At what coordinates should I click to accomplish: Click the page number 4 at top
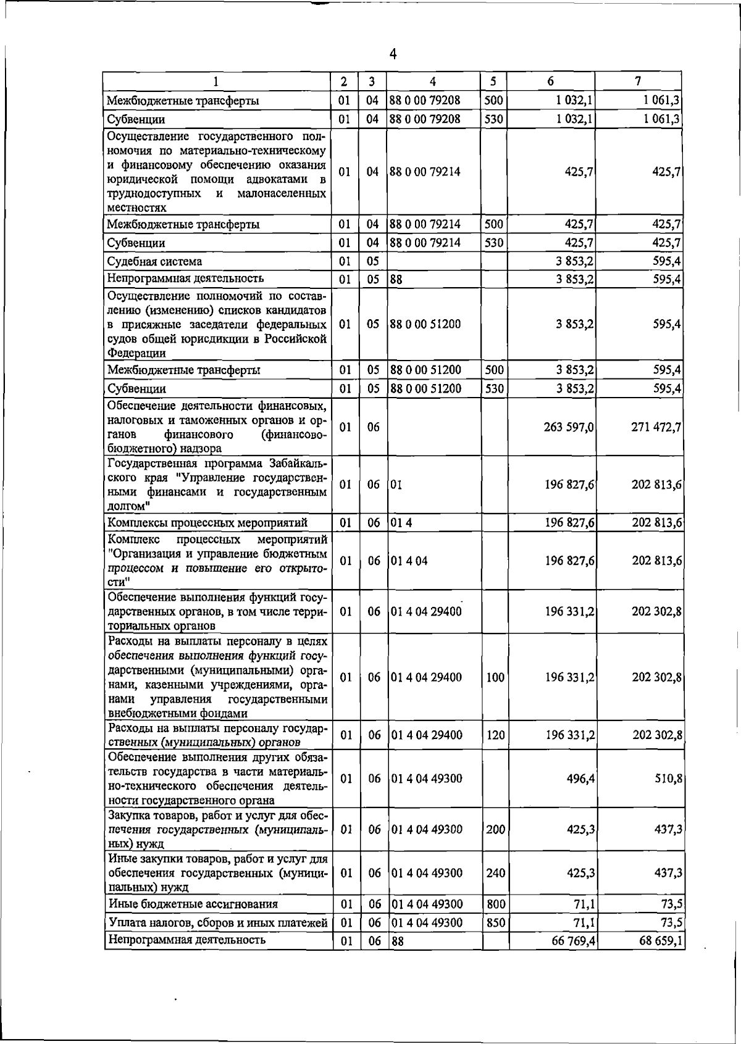click(393, 54)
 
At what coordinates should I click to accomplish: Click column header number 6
click(550, 81)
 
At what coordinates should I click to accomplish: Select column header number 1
click(216, 81)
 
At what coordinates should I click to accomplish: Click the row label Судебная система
click(154, 261)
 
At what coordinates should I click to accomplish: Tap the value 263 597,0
click(569, 427)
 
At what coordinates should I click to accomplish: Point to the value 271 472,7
click(656, 427)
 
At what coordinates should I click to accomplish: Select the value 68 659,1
click(660, 941)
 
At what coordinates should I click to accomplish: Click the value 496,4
click(580, 779)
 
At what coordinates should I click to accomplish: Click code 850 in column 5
click(495, 922)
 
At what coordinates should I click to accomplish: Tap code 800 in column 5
click(495, 904)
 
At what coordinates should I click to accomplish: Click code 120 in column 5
click(495, 735)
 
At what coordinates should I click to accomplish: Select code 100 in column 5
click(495, 677)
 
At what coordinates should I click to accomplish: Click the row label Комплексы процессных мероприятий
click(207, 523)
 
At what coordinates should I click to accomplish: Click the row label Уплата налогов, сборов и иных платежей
click(217, 922)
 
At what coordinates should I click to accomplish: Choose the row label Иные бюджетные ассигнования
click(193, 904)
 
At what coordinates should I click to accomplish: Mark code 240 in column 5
click(495, 873)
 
